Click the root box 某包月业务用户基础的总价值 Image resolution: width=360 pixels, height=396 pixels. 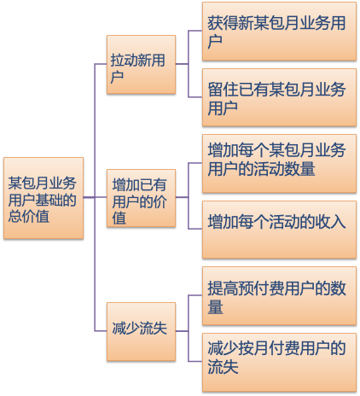click(x=44, y=198)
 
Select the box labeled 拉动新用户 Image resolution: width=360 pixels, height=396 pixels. click(x=141, y=65)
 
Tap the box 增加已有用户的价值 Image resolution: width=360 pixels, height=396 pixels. click(x=141, y=198)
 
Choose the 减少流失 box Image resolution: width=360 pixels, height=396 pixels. click(x=141, y=332)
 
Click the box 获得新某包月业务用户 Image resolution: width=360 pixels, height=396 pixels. click(x=279, y=32)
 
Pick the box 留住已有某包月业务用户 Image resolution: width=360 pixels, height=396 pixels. click(x=279, y=97)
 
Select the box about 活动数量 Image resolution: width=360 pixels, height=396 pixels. click(x=279, y=164)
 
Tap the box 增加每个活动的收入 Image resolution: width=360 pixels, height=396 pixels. click(x=279, y=230)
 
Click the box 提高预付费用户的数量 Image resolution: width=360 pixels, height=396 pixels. click(x=279, y=296)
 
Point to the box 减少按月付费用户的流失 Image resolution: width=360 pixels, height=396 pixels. click(x=279, y=363)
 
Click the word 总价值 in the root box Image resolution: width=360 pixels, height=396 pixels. click(x=29, y=216)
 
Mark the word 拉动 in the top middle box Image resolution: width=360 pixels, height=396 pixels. click(x=125, y=61)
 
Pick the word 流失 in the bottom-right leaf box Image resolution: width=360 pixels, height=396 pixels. click(x=223, y=367)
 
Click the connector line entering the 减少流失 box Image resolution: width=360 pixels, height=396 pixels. click(x=101, y=331)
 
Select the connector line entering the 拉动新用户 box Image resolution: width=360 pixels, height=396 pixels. click(x=101, y=64)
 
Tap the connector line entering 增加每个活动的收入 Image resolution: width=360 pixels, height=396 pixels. click(x=195, y=229)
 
